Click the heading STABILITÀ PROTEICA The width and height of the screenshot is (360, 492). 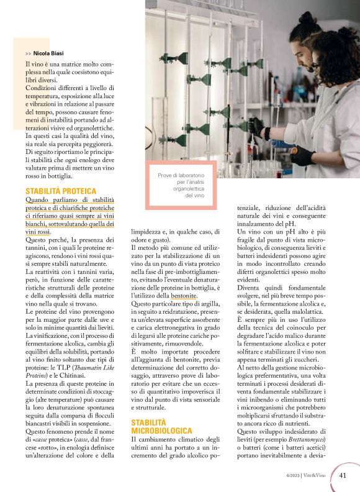pos(61,191)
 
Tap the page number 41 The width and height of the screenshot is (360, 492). pos(343,475)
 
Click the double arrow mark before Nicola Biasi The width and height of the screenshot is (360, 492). pos(29,54)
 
